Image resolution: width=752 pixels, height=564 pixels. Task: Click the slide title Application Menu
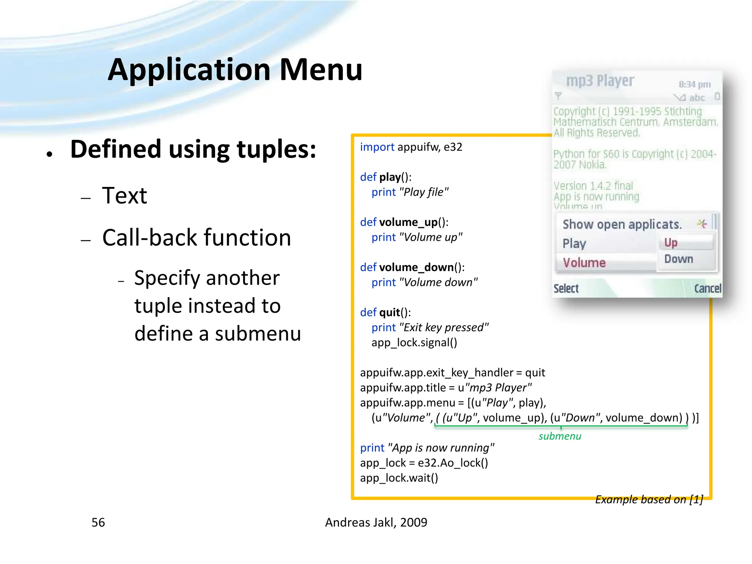click(x=235, y=70)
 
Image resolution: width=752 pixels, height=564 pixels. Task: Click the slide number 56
click(x=98, y=522)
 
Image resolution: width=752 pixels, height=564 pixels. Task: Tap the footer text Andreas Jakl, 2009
click(x=376, y=522)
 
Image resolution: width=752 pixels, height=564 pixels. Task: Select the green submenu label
click(x=560, y=436)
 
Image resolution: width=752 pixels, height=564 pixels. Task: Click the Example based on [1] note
click(x=649, y=499)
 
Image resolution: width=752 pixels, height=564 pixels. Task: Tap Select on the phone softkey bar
click(x=566, y=289)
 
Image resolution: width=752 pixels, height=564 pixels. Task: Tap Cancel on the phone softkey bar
click(x=707, y=289)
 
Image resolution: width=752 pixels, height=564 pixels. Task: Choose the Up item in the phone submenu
click(x=671, y=243)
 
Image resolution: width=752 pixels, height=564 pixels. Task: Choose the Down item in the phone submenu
click(x=679, y=259)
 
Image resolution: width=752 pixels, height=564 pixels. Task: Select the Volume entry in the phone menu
click(x=584, y=263)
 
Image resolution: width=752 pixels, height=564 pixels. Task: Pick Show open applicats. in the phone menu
click(x=622, y=224)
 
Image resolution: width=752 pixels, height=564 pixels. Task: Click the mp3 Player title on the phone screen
click(x=600, y=81)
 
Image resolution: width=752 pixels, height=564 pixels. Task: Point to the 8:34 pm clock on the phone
click(x=694, y=84)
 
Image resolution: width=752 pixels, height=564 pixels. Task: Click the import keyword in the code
click(x=377, y=147)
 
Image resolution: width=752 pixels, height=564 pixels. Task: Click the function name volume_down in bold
click(x=416, y=267)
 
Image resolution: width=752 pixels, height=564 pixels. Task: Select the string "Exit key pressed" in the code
click(x=444, y=327)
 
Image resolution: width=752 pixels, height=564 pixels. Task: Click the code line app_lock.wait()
click(x=399, y=478)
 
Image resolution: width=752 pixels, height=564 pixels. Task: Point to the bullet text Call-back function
click(x=196, y=238)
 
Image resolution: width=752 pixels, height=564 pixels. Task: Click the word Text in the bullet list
click(x=124, y=195)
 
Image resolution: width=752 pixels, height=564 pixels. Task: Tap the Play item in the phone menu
click(x=574, y=243)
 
